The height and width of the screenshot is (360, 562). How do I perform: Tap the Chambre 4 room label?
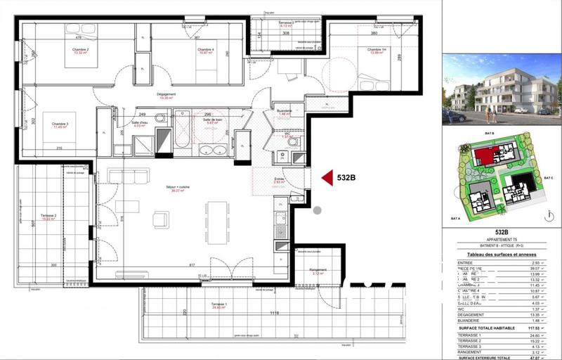point(205,50)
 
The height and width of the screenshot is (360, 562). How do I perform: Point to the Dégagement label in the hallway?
point(166,95)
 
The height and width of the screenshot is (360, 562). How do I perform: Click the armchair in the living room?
point(161,221)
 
